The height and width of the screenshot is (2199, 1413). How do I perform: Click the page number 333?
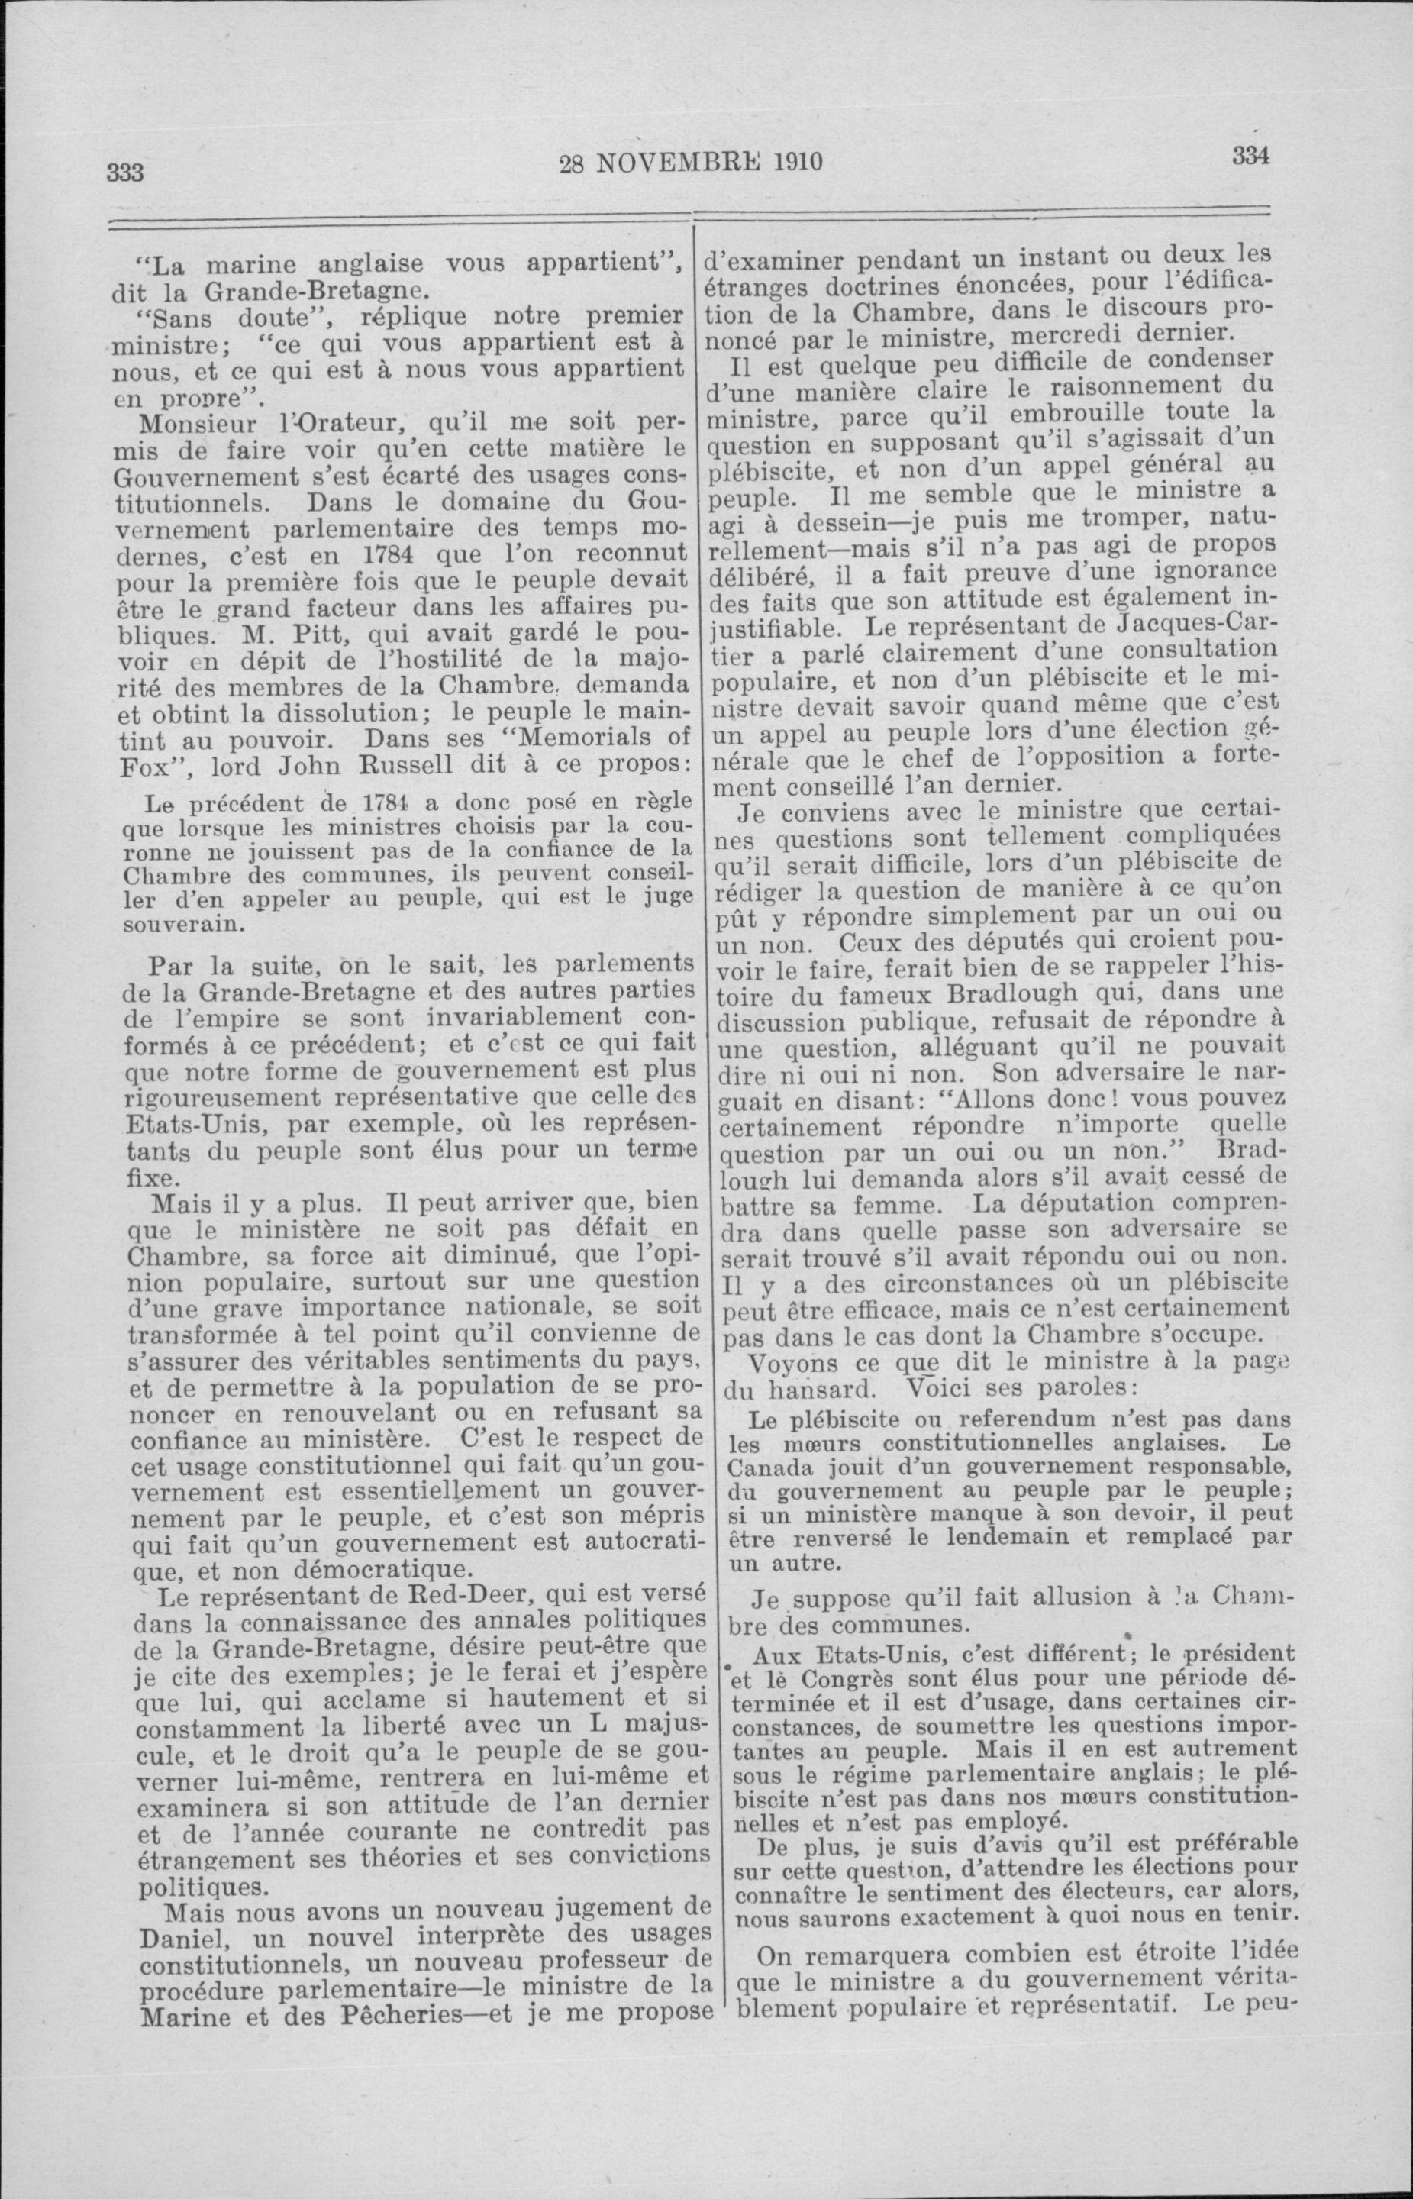(126, 172)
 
